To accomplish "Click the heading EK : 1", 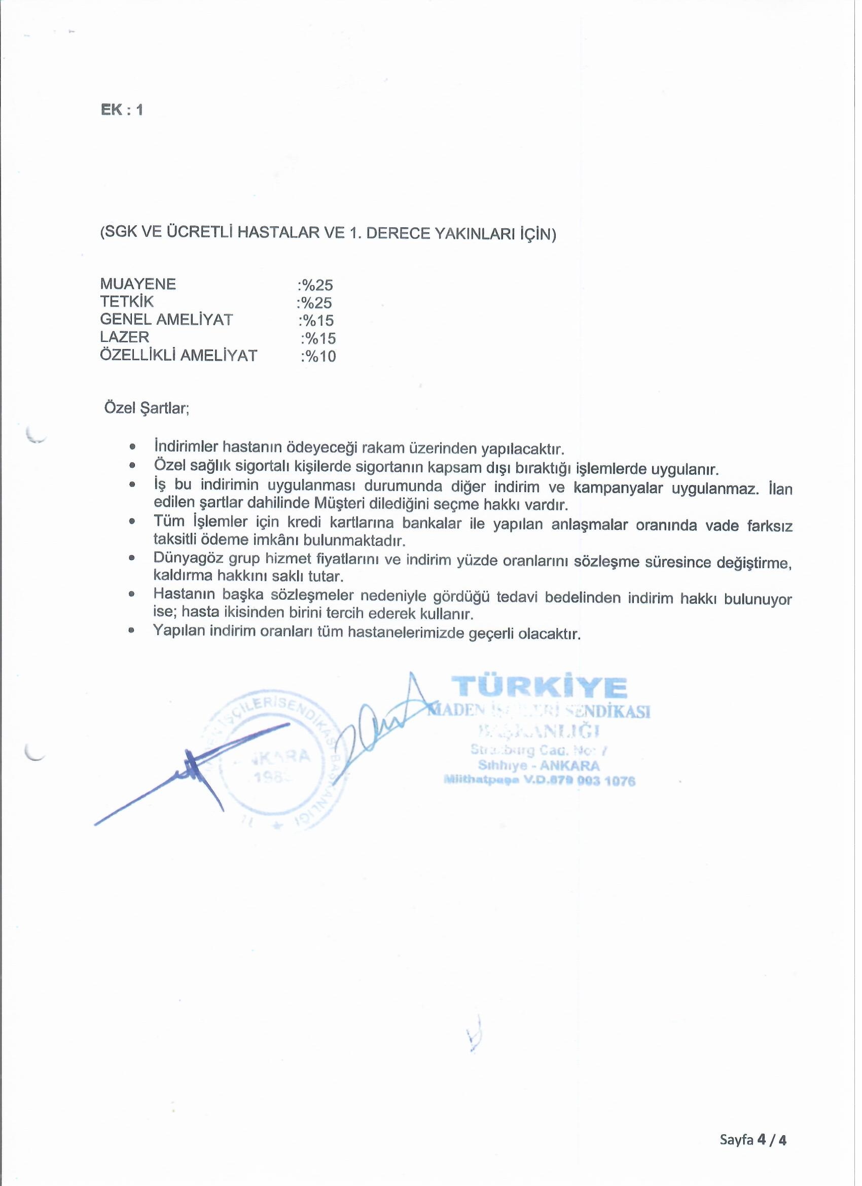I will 122,111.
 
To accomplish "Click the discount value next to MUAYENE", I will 315,286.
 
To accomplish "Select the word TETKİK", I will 127,302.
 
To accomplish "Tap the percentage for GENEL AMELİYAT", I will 316,321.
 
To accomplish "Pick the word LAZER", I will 124,337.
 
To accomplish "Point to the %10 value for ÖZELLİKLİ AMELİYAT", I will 318,357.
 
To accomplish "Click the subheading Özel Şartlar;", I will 147,408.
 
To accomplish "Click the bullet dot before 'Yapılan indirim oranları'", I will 132,631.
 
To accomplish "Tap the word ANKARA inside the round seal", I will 282,757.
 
